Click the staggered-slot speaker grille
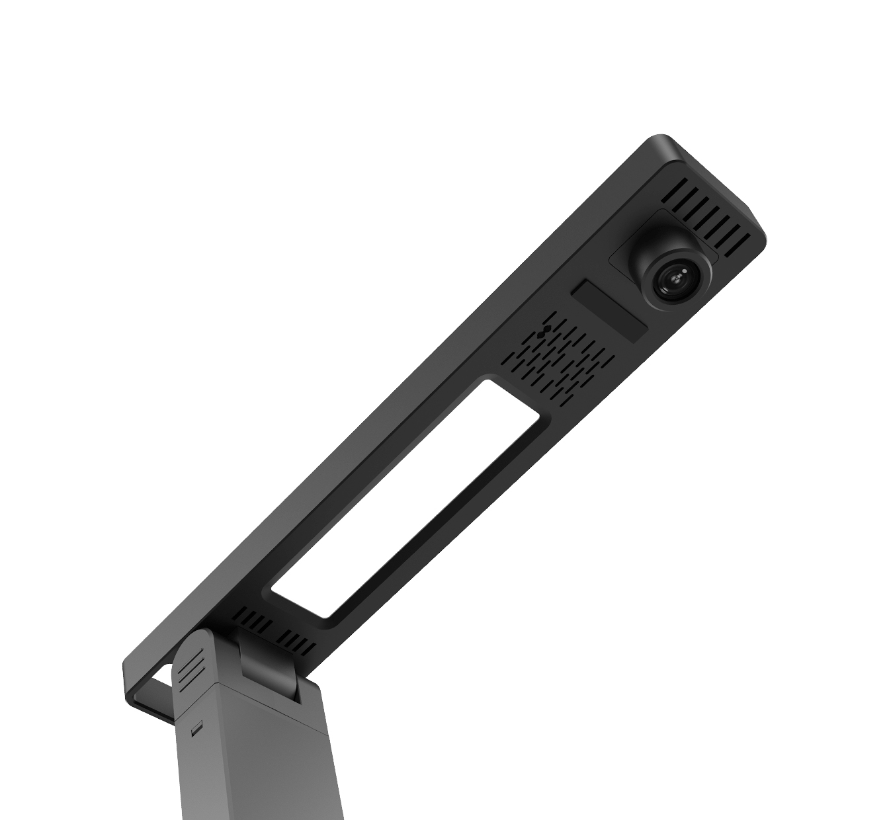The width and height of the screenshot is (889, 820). (x=556, y=354)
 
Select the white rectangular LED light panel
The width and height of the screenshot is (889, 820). (x=407, y=499)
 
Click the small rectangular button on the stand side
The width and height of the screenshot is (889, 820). (x=196, y=731)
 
